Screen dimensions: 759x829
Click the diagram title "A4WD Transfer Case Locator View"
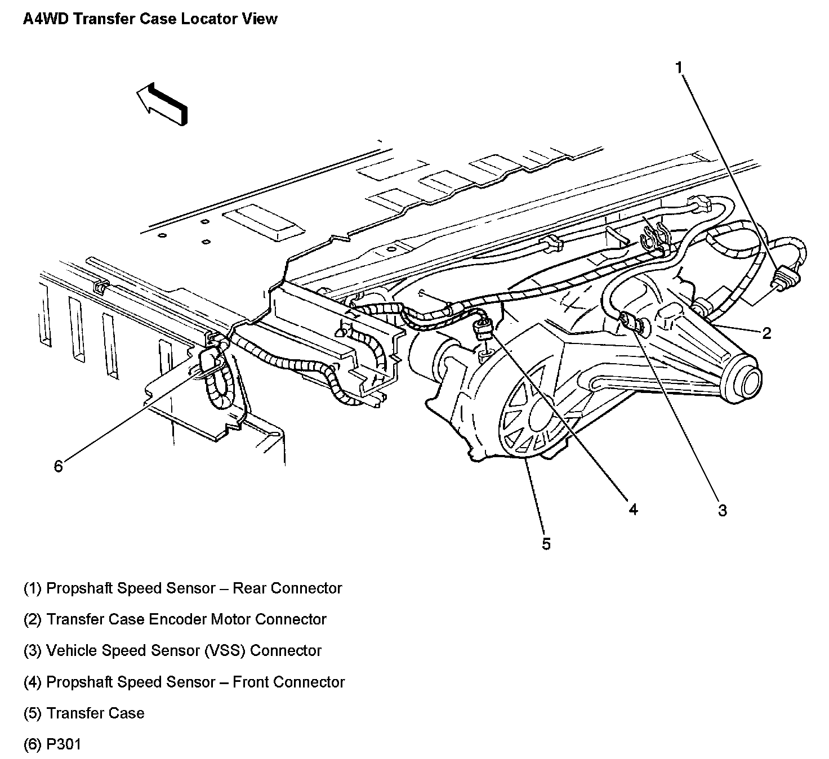click(x=150, y=19)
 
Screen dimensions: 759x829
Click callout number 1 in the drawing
click(x=679, y=68)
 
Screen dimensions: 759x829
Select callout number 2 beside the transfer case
click(x=766, y=333)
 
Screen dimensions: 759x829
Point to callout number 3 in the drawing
click(x=722, y=510)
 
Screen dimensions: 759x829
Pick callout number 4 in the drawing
click(x=633, y=510)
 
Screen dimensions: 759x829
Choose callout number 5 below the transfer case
click(x=546, y=544)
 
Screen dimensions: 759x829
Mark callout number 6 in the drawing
click(x=59, y=466)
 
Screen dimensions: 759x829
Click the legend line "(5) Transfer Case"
click(x=84, y=713)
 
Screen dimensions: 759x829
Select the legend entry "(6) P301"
click(x=52, y=744)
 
